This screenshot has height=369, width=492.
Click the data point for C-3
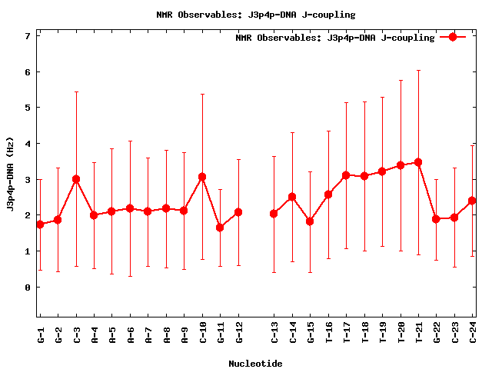[76, 179]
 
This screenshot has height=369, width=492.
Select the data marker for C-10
[202, 177]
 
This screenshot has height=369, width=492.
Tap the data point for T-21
[418, 162]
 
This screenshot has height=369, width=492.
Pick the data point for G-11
[220, 228]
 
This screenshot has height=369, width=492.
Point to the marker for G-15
[310, 221]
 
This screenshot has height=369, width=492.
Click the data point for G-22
[436, 219]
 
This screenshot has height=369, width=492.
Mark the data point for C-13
[274, 214]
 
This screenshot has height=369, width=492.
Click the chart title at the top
[245, 15]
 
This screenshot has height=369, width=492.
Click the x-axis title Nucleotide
[255, 364]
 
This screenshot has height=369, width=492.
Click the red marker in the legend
[453, 37]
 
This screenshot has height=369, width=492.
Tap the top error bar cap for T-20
[401, 80]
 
